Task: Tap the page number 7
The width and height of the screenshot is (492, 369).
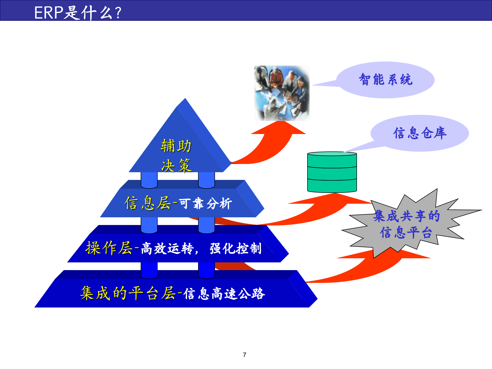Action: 244,355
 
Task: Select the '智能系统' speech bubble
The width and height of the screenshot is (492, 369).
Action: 385,80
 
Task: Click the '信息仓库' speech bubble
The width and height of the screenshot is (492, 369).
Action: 420,133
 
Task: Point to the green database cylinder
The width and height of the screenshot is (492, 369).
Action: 332,172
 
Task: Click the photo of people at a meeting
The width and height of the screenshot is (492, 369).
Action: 282,93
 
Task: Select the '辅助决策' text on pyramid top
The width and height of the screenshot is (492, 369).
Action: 176,156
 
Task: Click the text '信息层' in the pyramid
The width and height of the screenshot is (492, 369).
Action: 147,203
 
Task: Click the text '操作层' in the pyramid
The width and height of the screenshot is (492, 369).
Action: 109,248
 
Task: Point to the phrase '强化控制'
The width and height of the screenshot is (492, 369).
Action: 235,248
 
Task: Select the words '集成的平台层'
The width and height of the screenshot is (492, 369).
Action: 128,293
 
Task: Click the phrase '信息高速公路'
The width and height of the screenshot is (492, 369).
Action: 224,294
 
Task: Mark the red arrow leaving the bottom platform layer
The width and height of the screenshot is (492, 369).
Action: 359,272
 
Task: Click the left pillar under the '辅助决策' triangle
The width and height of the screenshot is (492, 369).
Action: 149,180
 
